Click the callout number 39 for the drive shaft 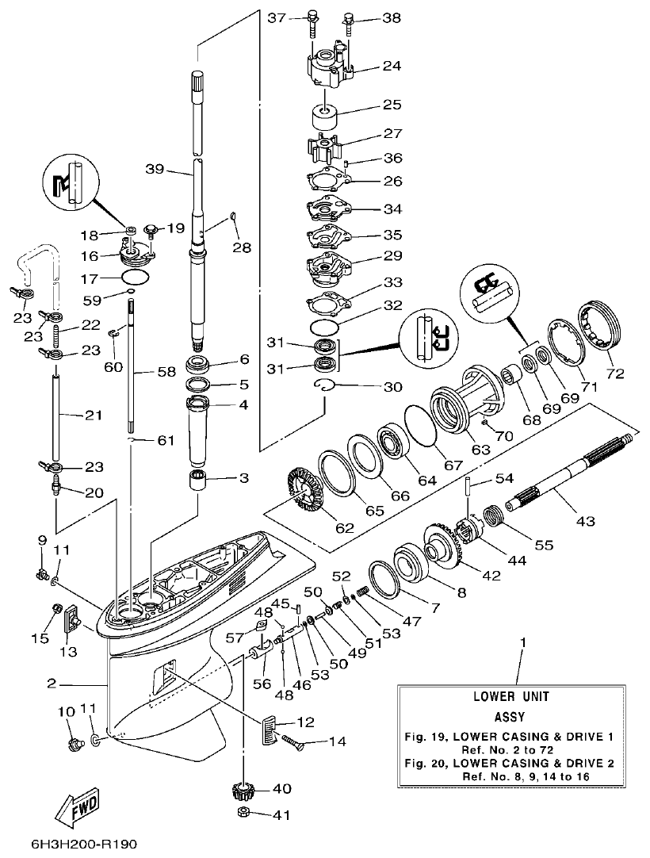tap(155, 168)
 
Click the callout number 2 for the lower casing tap(51, 683)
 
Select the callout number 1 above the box tap(522, 641)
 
